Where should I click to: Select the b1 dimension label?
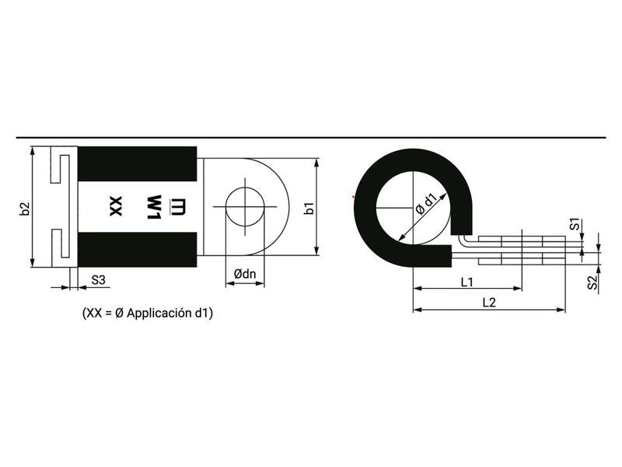click(x=309, y=209)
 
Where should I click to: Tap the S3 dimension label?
click(x=99, y=279)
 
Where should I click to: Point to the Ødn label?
click(x=246, y=273)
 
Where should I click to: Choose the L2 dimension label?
click(x=489, y=302)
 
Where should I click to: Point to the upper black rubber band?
click(x=138, y=163)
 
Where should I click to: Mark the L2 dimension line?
click(x=489, y=310)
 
